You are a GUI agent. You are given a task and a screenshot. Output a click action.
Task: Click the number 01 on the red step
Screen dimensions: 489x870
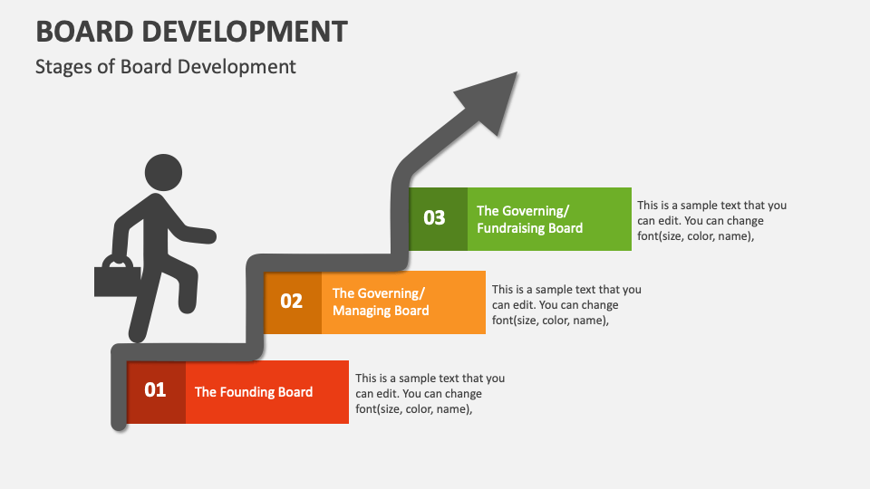click(156, 390)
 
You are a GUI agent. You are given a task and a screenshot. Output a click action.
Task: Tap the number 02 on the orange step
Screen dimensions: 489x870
click(292, 301)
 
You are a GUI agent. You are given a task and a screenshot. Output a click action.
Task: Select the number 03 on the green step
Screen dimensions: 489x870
click(435, 217)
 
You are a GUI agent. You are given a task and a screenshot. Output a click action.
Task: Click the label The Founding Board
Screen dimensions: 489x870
click(254, 392)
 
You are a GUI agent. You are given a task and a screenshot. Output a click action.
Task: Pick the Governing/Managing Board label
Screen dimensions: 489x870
click(381, 302)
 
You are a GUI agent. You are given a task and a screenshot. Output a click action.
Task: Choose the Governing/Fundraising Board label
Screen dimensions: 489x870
click(529, 218)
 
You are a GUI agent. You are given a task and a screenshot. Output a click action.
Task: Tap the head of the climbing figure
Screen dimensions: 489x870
click(163, 173)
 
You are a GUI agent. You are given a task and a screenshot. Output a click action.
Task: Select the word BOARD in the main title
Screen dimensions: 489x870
click(82, 31)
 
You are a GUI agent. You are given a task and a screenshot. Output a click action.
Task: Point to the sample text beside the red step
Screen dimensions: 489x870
click(430, 394)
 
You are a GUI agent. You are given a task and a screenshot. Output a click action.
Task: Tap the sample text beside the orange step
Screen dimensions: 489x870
click(566, 304)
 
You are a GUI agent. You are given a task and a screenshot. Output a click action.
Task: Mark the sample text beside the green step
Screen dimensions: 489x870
click(711, 220)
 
